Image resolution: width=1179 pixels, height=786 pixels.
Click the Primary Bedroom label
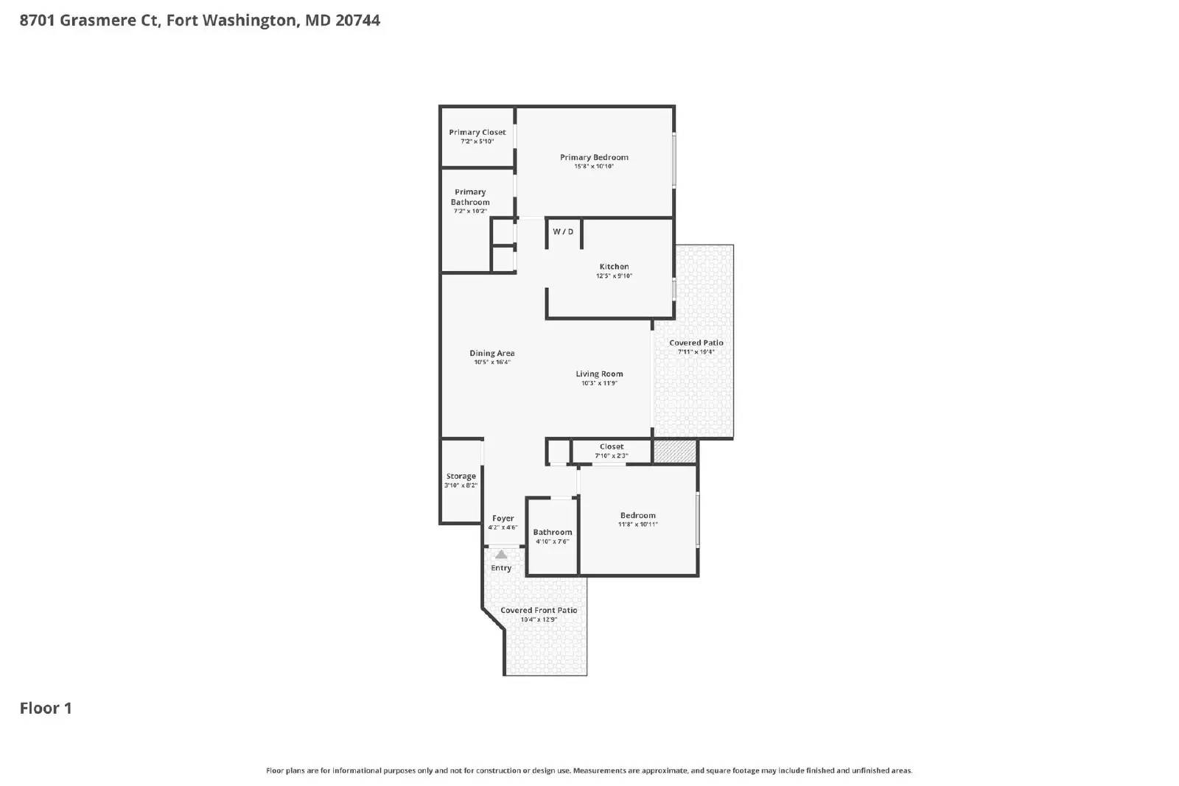(594, 158)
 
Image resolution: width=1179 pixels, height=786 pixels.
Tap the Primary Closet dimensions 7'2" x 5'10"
(477, 141)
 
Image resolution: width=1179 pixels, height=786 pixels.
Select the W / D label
(563, 232)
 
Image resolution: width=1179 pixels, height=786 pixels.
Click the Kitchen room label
(614, 267)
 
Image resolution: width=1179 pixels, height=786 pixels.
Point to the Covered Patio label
(696, 343)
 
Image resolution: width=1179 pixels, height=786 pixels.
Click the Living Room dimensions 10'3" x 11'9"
(599, 383)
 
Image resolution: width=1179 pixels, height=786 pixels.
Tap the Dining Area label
(492, 354)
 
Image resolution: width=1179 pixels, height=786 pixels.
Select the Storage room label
(461, 477)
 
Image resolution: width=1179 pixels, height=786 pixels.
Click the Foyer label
(503, 519)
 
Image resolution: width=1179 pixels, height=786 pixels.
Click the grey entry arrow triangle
(501, 554)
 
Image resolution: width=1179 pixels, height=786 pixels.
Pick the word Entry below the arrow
(501, 568)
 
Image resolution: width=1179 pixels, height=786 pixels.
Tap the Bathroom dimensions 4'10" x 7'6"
(553, 541)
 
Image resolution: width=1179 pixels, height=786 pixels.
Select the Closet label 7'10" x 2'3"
(612, 447)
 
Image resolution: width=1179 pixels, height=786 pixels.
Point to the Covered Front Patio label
(539, 611)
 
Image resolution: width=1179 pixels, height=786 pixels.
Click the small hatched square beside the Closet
(675, 452)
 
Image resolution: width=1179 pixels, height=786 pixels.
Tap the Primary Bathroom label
(470, 197)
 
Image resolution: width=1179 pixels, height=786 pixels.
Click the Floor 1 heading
(46, 708)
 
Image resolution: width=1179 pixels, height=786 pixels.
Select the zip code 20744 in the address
(358, 21)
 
